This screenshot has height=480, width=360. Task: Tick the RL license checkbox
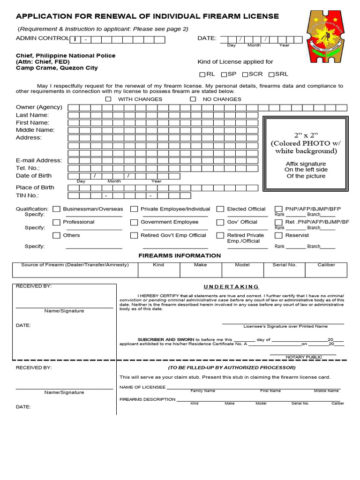(202, 75)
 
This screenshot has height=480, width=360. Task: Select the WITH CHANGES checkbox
(108, 99)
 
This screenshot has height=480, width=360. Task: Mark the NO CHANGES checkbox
(193, 99)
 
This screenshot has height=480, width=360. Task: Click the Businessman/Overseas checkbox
(56, 209)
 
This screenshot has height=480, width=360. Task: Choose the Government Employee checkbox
(134, 222)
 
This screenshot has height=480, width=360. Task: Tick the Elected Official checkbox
(220, 209)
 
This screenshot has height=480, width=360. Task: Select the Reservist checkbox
(278, 235)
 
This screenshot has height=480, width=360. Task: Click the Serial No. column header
(285, 265)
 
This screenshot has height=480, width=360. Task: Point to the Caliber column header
(326, 265)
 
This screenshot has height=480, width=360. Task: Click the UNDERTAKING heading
(231, 286)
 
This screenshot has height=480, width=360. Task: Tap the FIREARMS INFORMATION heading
(180, 255)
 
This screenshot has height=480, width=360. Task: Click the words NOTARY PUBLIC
(304, 357)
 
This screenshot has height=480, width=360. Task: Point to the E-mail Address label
(39, 160)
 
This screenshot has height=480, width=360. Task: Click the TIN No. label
(28, 195)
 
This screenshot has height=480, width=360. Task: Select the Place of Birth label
(35, 187)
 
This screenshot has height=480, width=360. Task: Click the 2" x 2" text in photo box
(306, 135)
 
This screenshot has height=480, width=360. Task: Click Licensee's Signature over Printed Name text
(285, 326)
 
